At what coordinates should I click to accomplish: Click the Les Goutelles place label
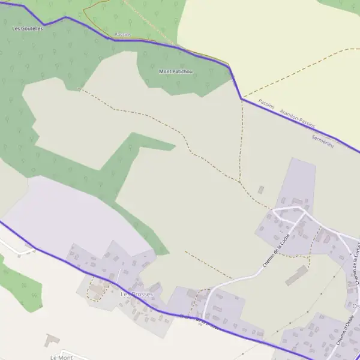click(28, 28)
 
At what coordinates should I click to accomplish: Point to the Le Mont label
click(62, 358)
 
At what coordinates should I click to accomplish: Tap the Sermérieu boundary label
click(322, 142)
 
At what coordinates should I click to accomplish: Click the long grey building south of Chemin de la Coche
click(296, 276)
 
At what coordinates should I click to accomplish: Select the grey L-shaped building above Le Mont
click(52, 341)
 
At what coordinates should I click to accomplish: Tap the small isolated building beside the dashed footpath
click(261, 190)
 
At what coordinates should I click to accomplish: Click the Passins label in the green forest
click(122, 35)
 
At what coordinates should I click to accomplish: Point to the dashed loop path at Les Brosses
click(95, 291)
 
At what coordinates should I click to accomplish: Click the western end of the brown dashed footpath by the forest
click(79, 89)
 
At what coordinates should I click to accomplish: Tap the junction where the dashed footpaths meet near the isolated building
click(240, 182)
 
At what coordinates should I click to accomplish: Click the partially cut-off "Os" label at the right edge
click(356, 306)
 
